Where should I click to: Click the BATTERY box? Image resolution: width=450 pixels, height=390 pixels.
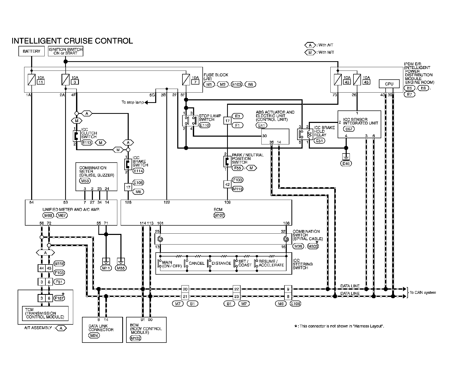(x=31, y=51)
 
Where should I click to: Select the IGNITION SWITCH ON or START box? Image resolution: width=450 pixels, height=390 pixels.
(x=65, y=51)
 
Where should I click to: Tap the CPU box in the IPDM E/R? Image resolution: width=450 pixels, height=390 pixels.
(x=389, y=84)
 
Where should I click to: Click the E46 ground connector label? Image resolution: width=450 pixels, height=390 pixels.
(x=346, y=163)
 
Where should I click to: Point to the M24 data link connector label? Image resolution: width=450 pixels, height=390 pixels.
(x=94, y=336)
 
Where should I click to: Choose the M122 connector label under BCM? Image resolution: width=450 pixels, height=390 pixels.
(x=135, y=338)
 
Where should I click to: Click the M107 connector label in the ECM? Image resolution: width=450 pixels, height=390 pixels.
(x=219, y=215)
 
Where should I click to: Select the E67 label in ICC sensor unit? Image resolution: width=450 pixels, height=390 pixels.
(x=349, y=129)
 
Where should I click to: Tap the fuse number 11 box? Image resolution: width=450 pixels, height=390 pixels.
(x=40, y=82)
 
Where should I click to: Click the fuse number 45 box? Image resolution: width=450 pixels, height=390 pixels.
(x=366, y=82)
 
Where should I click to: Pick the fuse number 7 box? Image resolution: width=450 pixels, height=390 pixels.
(x=195, y=82)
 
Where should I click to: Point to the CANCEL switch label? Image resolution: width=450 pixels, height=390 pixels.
(x=197, y=263)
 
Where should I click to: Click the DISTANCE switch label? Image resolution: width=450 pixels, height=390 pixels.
(x=221, y=263)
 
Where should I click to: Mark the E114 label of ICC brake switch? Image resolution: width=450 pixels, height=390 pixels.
(x=138, y=171)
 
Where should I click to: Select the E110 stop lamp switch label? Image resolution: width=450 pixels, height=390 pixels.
(x=204, y=125)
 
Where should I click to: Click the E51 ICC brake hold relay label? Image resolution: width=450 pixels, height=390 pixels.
(x=319, y=141)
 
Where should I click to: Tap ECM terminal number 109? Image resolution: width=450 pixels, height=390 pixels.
(x=227, y=202)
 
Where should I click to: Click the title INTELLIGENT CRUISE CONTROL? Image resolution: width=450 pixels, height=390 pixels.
(x=72, y=41)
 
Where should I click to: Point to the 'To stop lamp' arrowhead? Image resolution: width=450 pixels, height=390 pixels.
(x=146, y=103)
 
